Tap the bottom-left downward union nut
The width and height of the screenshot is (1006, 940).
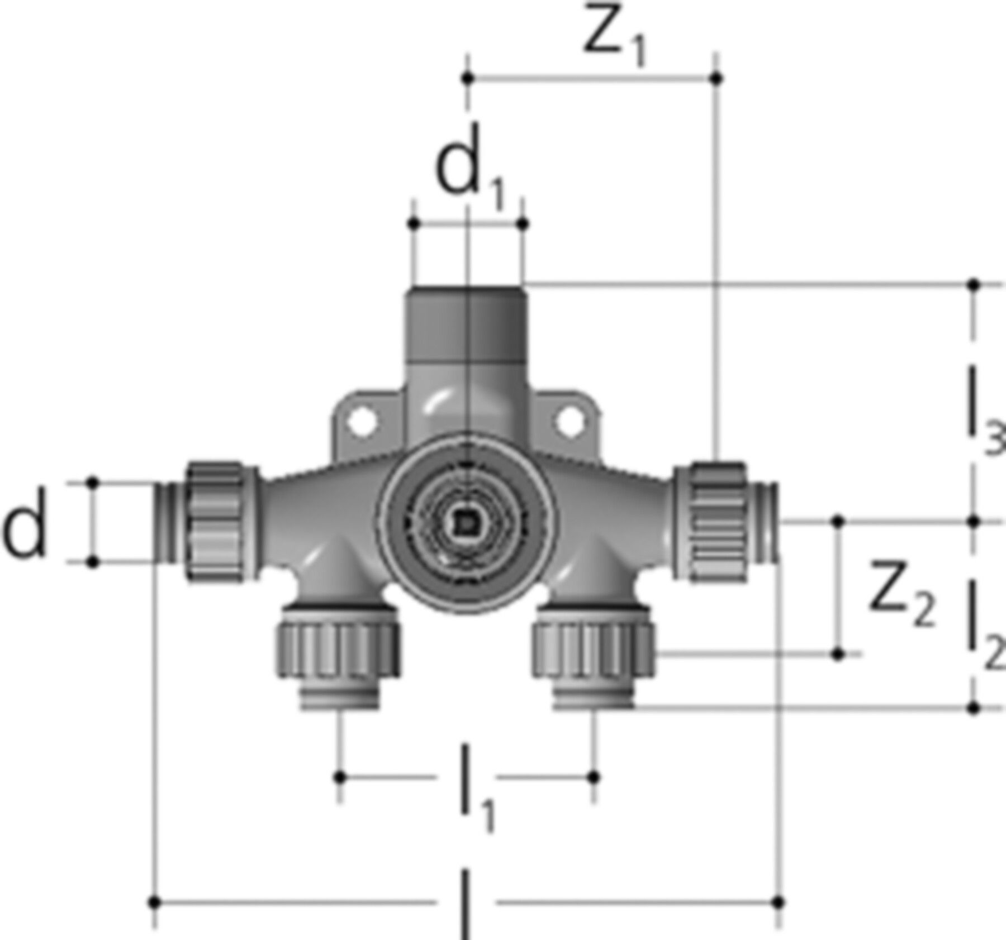336,650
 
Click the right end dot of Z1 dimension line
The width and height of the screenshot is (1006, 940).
717,78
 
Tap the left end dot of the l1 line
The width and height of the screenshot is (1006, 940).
340,777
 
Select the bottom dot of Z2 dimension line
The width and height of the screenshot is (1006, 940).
837,653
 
